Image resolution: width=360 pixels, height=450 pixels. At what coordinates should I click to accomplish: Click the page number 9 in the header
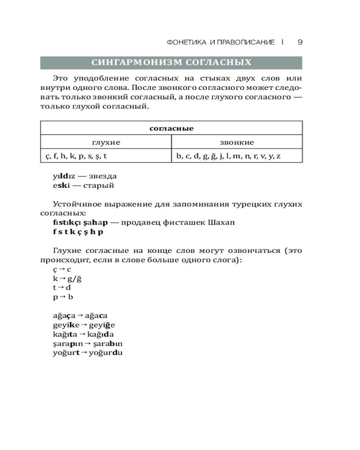coord(300,42)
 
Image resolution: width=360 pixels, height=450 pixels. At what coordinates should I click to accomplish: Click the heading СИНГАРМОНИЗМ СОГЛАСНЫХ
coord(171,63)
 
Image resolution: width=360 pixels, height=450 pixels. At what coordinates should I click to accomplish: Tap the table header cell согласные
coord(171,128)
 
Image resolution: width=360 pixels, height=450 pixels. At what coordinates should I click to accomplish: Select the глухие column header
coord(106,142)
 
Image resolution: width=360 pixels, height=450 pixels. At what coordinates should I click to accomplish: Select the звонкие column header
coord(237,142)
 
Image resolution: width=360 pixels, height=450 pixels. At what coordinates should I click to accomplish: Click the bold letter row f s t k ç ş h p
coord(78,232)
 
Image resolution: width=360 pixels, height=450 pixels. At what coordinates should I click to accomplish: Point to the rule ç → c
coord(62,269)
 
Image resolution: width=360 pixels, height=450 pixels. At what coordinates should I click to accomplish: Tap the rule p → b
coord(63,297)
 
